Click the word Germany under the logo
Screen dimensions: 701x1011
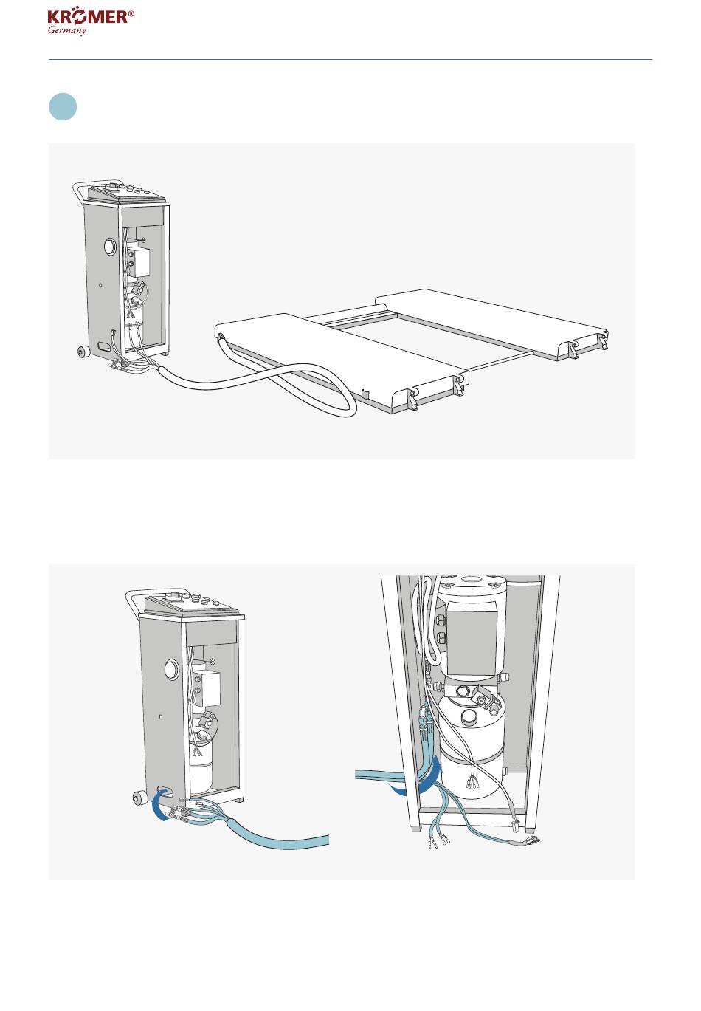click(67, 30)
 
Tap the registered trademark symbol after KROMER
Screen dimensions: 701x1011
click(131, 13)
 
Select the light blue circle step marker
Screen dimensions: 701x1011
click(63, 107)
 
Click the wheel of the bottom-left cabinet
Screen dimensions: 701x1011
click(138, 800)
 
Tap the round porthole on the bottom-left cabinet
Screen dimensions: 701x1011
click(171, 669)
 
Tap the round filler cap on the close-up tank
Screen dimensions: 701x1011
click(470, 716)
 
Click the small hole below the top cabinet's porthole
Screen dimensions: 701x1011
click(100, 284)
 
